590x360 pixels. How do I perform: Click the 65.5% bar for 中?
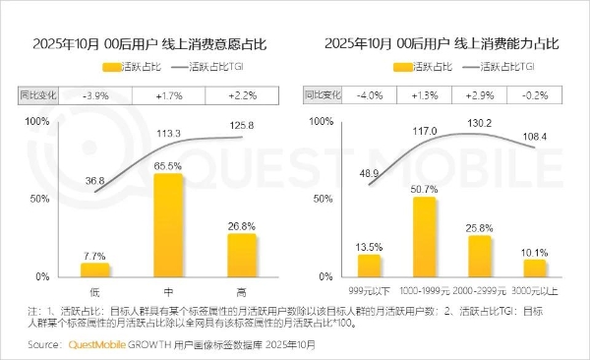[x=168, y=224]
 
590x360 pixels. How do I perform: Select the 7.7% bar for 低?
[x=95, y=269]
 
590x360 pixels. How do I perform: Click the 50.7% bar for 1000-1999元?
[x=425, y=236]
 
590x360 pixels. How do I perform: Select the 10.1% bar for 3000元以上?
[x=534, y=267]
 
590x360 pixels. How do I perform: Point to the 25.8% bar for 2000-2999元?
[x=479, y=255]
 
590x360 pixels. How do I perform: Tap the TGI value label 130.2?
[x=480, y=124]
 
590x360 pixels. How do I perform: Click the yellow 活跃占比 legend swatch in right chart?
[x=404, y=67]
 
